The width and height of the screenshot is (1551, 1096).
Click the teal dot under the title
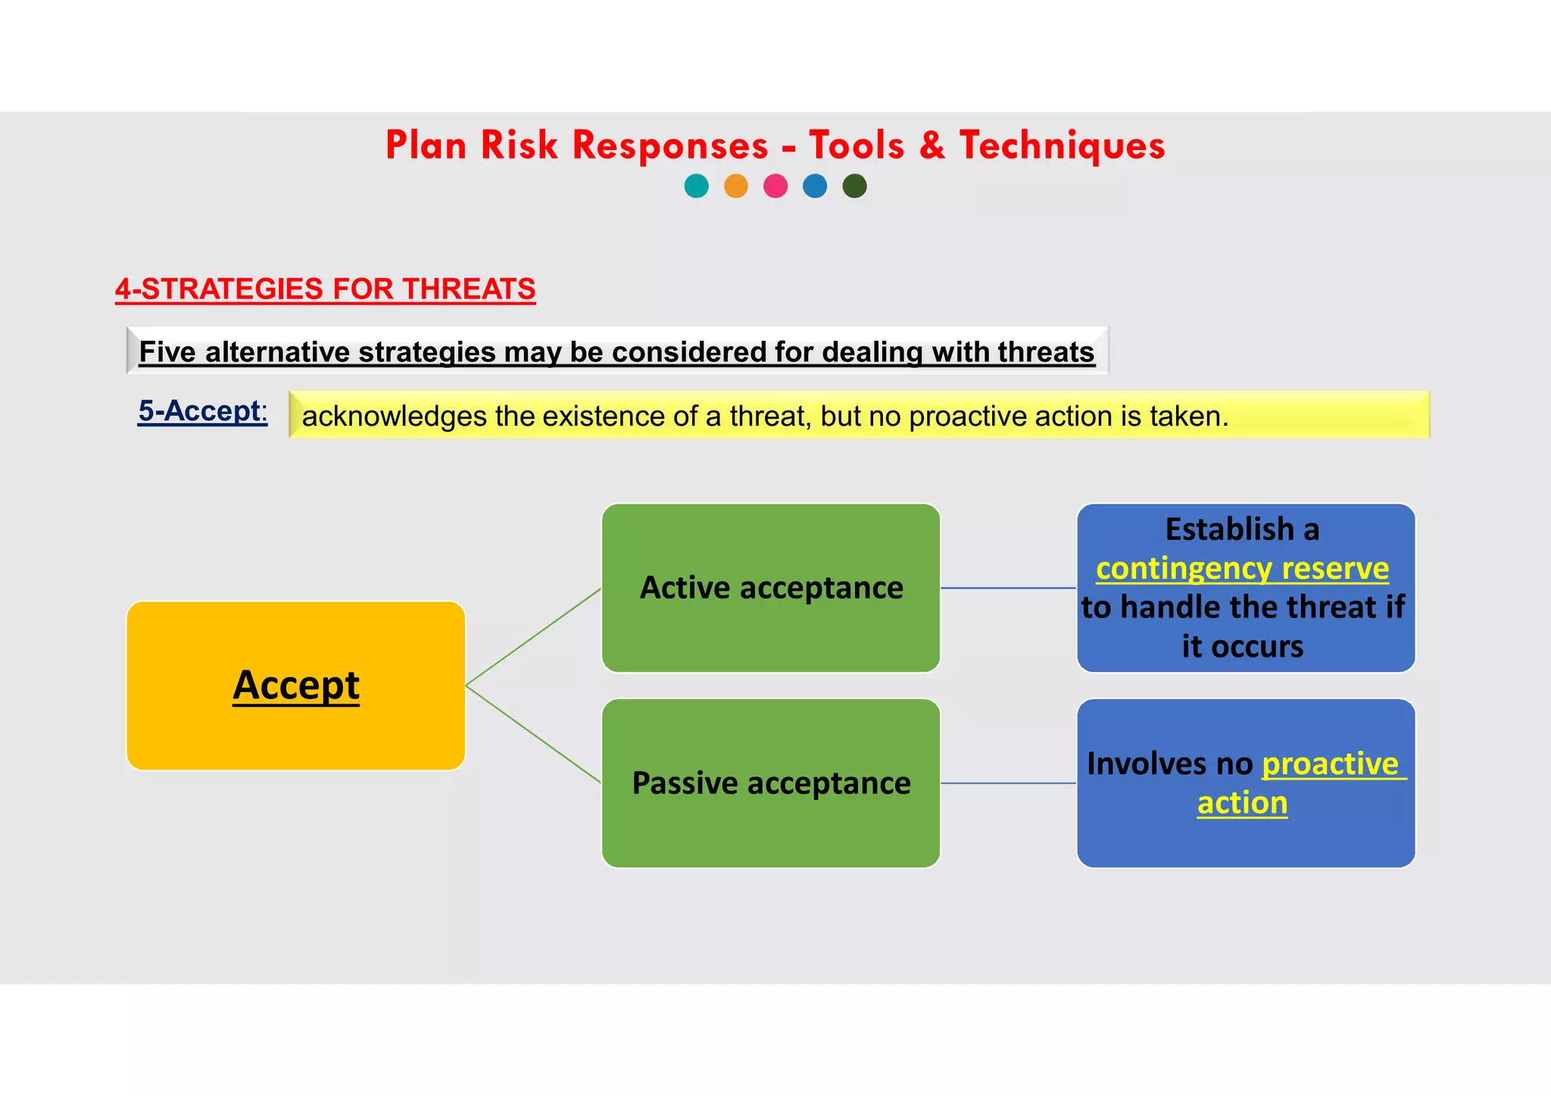(x=696, y=186)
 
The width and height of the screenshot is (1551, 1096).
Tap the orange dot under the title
(x=735, y=186)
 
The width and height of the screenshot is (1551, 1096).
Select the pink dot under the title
(x=775, y=186)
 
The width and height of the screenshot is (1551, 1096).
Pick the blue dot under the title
(x=815, y=186)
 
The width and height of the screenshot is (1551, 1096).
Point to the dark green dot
(x=854, y=186)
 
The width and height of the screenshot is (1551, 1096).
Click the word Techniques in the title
(x=1062, y=145)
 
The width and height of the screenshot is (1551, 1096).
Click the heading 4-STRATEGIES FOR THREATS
(x=325, y=289)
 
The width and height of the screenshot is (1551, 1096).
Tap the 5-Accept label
(x=201, y=411)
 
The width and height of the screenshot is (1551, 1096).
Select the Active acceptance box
(x=771, y=588)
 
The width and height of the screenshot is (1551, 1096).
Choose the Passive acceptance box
(x=771, y=783)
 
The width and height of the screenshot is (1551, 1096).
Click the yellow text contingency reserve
(x=1242, y=568)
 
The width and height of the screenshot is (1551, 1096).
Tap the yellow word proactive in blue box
(x=1330, y=763)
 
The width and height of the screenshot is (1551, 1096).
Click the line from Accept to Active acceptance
(x=533, y=637)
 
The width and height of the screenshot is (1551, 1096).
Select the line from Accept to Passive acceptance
(x=533, y=734)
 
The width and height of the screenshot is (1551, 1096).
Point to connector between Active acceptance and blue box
(x=1008, y=588)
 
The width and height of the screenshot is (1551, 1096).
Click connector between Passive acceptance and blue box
(x=1008, y=783)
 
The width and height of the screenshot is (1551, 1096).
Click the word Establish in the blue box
(x=1229, y=529)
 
